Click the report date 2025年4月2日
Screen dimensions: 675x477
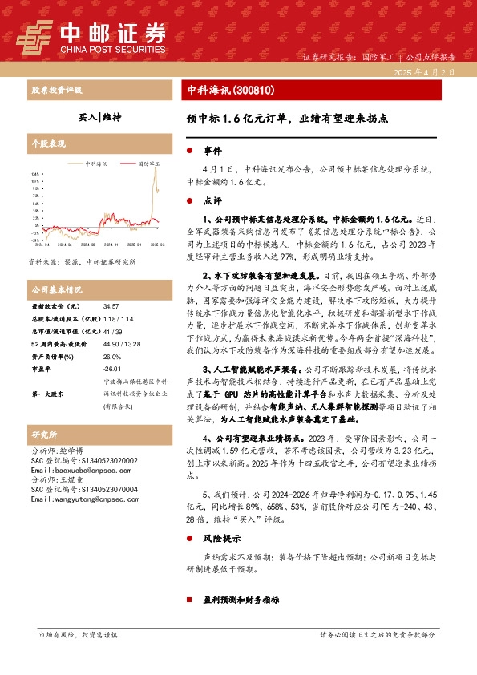(431, 73)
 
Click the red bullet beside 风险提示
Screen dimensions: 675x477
(188, 539)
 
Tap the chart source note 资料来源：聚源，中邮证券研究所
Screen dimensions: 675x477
(82, 262)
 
